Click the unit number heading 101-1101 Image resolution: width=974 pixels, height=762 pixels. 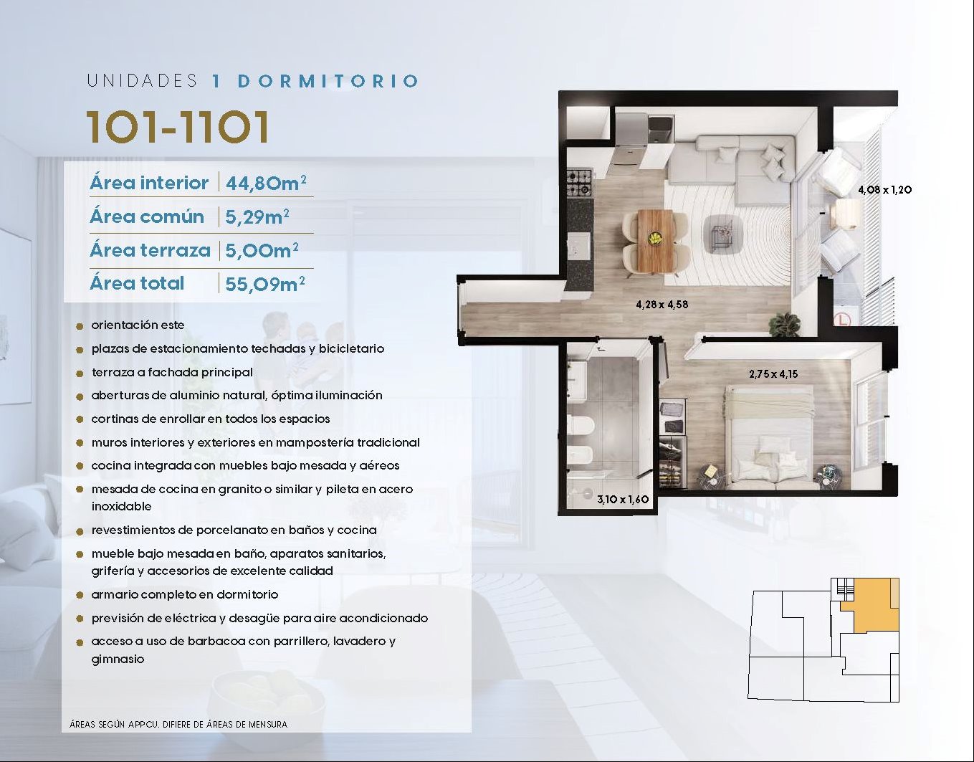pyautogui.click(x=178, y=127)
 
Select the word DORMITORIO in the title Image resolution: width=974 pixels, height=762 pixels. pyautogui.click(x=328, y=81)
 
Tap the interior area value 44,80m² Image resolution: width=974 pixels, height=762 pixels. pyautogui.click(x=266, y=183)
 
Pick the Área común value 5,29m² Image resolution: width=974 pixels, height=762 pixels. pyautogui.click(x=257, y=217)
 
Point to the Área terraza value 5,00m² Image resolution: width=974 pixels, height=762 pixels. pyautogui.click(x=262, y=251)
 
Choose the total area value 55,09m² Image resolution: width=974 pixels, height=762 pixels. pyautogui.click(x=265, y=284)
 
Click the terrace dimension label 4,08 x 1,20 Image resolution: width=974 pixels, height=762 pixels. pyautogui.click(x=885, y=189)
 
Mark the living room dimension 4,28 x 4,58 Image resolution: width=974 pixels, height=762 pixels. pyautogui.click(x=662, y=305)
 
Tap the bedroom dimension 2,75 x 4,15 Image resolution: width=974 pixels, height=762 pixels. pyautogui.click(x=773, y=373)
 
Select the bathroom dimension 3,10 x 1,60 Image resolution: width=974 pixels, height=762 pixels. pyautogui.click(x=623, y=500)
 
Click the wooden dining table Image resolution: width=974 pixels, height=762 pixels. pyautogui.click(x=655, y=241)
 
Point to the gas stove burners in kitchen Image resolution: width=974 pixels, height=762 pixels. pyautogui.click(x=579, y=183)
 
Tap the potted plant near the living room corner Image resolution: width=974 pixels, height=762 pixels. pyautogui.click(x=785, y=323)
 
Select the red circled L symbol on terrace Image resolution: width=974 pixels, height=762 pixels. pyautogui.click(x=843, y=320)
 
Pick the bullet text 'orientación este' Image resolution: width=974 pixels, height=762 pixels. pyautogui.click(x=138, y=325)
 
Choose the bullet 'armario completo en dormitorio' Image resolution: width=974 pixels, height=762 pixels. pyautogui.click(x=185, y=595)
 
